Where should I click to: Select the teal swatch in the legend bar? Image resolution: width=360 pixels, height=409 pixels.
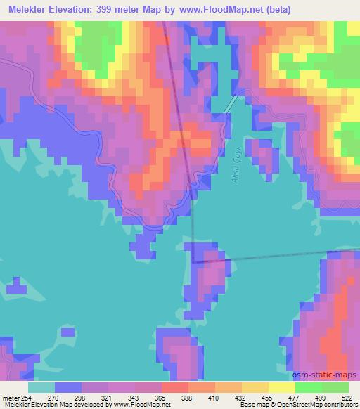click(41, 387)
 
